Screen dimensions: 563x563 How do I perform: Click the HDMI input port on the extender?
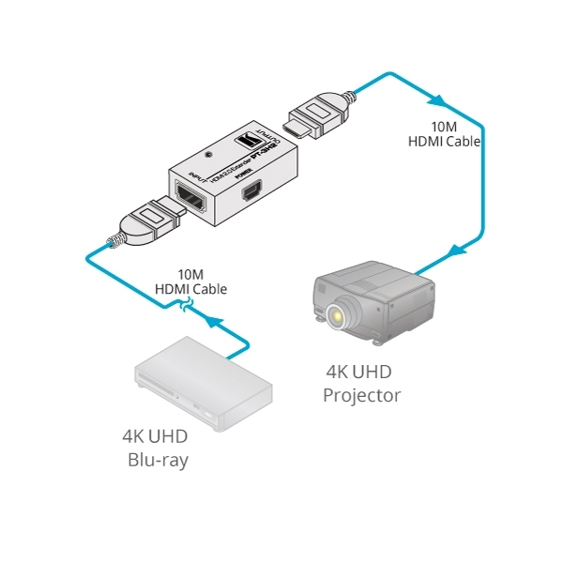coord(190,200)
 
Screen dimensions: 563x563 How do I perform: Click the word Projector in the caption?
coord(361,395)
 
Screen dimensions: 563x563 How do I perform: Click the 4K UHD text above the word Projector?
coord(362,371)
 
